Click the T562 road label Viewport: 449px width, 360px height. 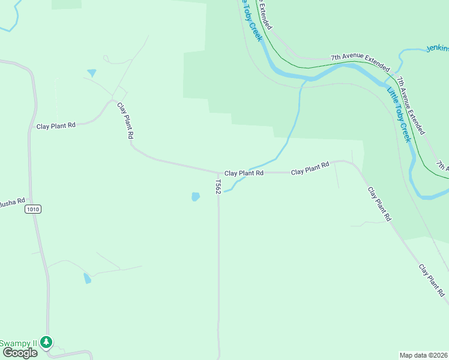tap(218, 185)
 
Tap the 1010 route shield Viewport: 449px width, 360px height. tap(33, 209)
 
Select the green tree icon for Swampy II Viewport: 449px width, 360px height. tap(46, 342)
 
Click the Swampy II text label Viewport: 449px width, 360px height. tap(18, 343)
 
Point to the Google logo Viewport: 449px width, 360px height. tap(20, 353)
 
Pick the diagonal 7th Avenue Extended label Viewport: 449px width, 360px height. tap(411, 104)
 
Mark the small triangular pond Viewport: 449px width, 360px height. tap(91, 73)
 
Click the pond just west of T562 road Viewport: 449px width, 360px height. tap(195, 196)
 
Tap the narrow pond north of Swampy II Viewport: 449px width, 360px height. tap(88, 278)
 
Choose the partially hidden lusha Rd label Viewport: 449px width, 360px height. tap(13, 201)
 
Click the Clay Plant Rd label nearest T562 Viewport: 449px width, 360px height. tap(244, 173)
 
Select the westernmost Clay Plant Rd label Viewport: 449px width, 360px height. tap(56, 125)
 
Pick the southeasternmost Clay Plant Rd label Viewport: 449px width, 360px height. tap(432, 281)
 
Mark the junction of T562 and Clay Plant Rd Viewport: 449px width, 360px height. tap(218, 173)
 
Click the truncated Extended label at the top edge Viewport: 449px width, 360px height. tap(266, 15)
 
